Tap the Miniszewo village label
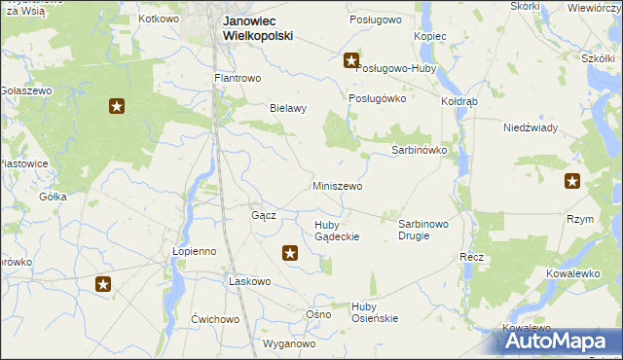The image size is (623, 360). click(x=338, y=186)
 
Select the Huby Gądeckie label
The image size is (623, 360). click(x=337, y=231)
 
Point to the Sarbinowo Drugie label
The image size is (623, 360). click(x=423, y=230)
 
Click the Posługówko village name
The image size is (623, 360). click(x=376, y=98)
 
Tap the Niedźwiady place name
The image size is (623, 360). click(x=530, y=127)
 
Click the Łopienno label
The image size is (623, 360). click(x=194, y=251)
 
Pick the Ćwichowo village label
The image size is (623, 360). click(x=215, y=320)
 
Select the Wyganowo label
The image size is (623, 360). click(x=289, y=344)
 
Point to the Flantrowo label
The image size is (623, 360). click(x=238, y=78)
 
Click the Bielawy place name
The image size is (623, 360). click(x=288, y=109)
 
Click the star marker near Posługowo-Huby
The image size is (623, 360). click(x=351, y=61)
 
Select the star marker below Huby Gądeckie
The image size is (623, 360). click(x=290, y=254)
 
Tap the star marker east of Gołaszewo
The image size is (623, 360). click(x=117, y=106)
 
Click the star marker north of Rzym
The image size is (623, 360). click(x=572, y=180)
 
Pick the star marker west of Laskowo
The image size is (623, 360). click(x=103, y=284)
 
